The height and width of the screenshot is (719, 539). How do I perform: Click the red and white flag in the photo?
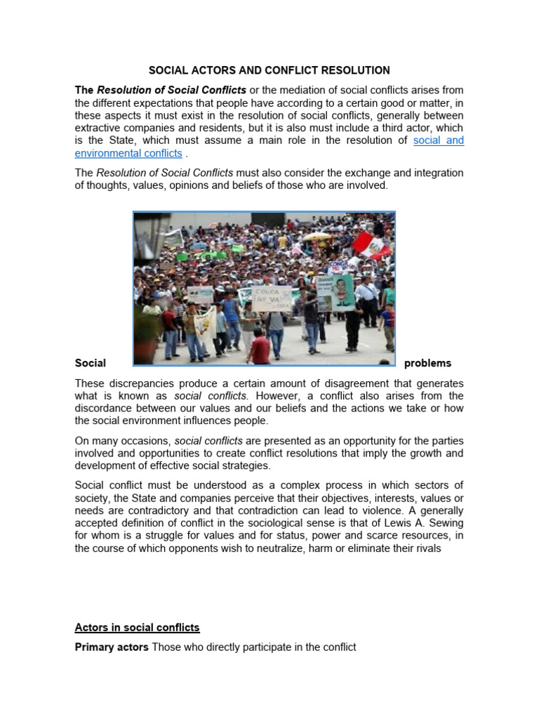(371, 244)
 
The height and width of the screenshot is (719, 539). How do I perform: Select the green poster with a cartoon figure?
(342, 291)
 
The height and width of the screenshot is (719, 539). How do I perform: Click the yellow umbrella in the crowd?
(317, 236)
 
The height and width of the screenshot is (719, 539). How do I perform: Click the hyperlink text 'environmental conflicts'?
(128, 153)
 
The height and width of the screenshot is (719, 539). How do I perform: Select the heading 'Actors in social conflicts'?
(137, 627)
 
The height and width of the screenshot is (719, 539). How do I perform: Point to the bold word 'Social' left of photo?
(90, 363)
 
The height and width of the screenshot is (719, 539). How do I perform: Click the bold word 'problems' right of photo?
(427, 363)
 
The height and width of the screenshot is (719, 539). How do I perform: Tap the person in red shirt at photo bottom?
(260, 348)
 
